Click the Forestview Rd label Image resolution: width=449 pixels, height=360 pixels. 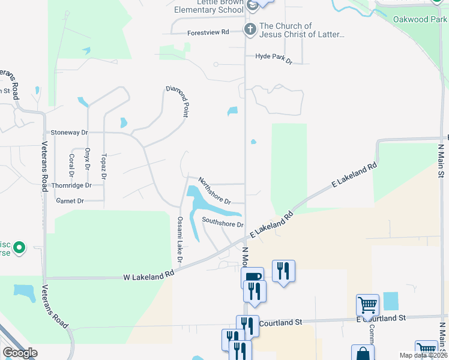(x=208, y=32)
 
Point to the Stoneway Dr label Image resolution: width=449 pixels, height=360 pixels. (x=70, y=132)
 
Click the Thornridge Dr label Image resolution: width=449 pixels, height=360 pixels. (x=71, y=185)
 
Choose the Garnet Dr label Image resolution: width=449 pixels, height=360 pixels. (x=70, y=201)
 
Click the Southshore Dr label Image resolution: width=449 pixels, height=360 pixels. (x=223, y=223)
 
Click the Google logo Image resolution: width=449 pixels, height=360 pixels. (x=20, y=353)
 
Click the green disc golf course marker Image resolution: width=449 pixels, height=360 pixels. (x=19, y=247)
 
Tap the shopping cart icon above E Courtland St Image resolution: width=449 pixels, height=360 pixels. (x=367, y=304)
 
